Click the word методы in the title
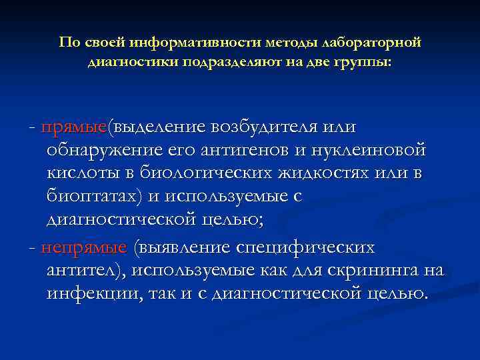click(287, 43)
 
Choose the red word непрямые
click(83, 248)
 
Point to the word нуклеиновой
click(375, 150)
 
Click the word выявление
click(183, 248)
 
